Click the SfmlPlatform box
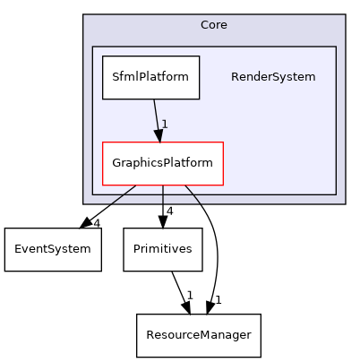pyautogui.click(x=150, y=77)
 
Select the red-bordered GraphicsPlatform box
pyautogui.click(x=162, y=163)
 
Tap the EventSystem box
pyautogui.click(x=53, y=247)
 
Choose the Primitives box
pyautogui.click(x=162, y=248)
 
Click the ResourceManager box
pyautogui.click(x=198, y=333)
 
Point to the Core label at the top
pyautogui.click(x=213, y=25)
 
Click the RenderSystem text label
pyautogui.click(x=273, y=77)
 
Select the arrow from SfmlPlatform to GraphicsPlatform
pyautogui.click(x=156, y=116)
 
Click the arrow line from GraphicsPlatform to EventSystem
pyautogui.click(x=112, y=203)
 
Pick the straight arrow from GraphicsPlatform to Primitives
pyautogui.click(x=162, y=202)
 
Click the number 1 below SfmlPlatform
pyautogui.click(x=166, y=124)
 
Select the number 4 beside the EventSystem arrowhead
pyautogui.click(x=96, y=222)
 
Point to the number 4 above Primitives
pyautogui.click(x=168, y=211)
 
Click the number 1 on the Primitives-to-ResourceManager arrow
pyautogui.click(x=189, y=295)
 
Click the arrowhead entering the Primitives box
pyautogui.click(x=162, y=222)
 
